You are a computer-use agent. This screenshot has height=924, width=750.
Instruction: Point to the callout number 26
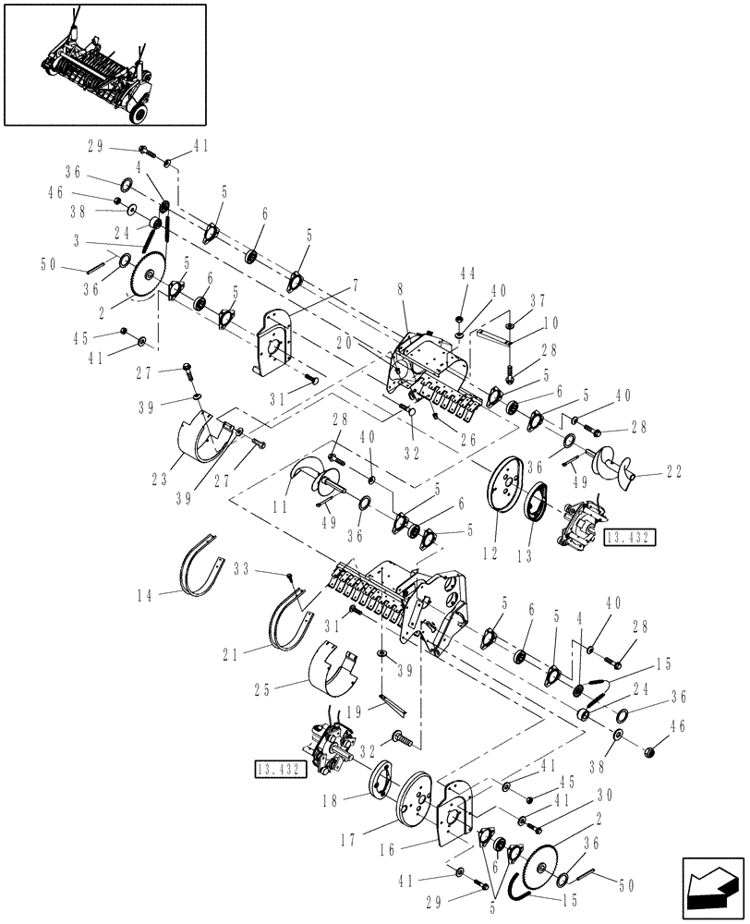click(469, 442)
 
